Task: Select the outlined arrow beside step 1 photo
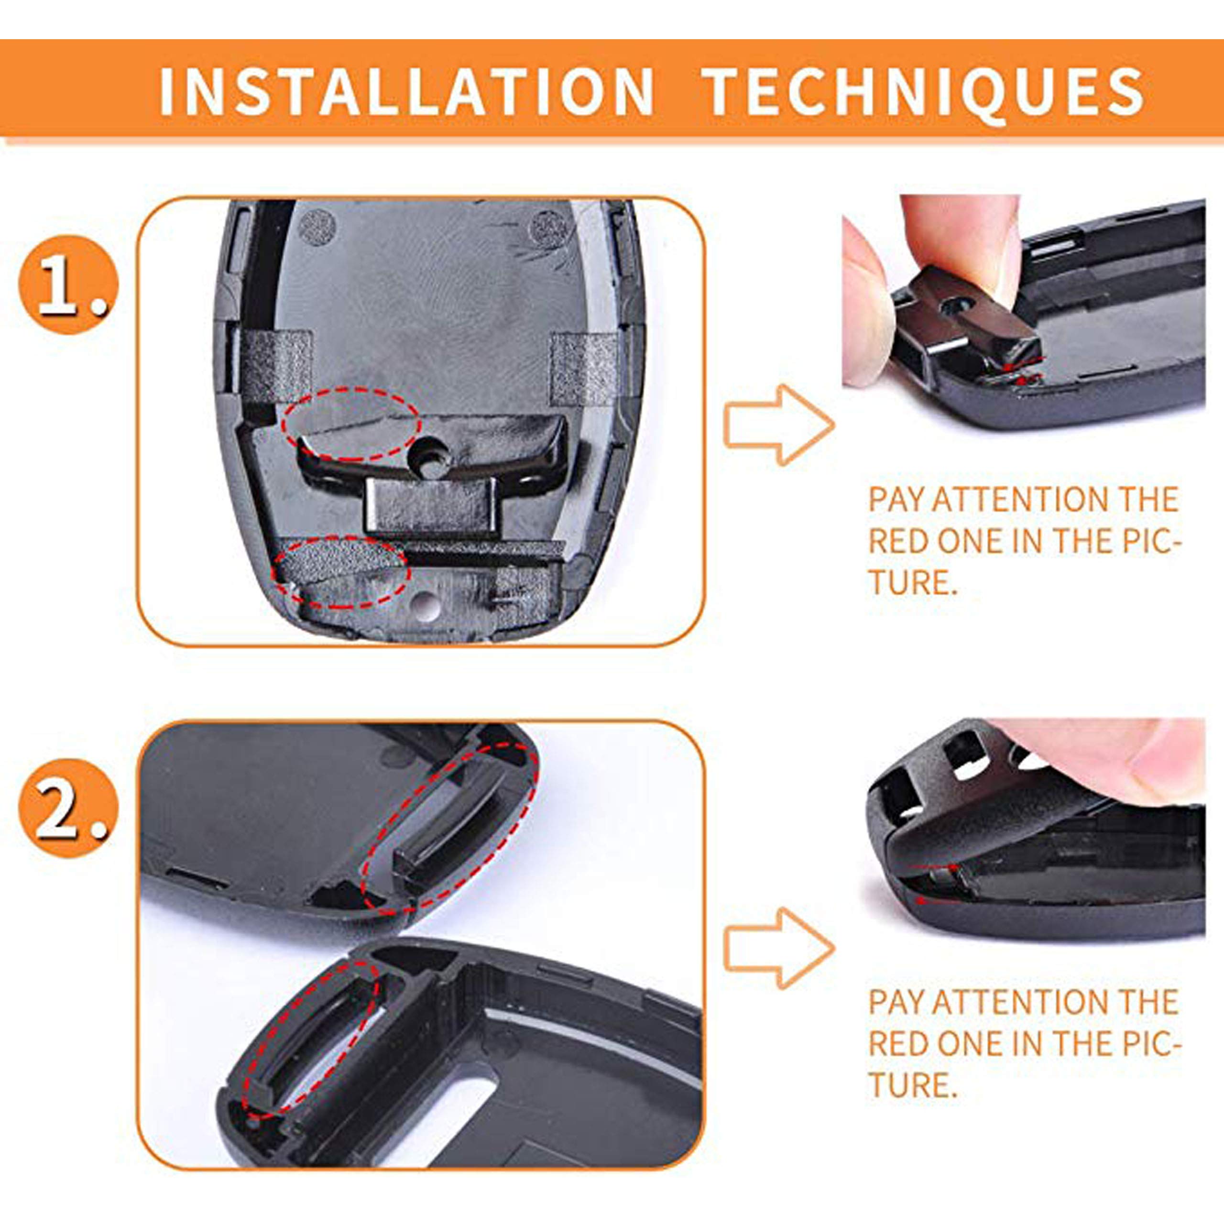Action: coord(778,425)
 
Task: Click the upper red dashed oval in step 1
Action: coord(351,425)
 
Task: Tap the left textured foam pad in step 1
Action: coord(277,368)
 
